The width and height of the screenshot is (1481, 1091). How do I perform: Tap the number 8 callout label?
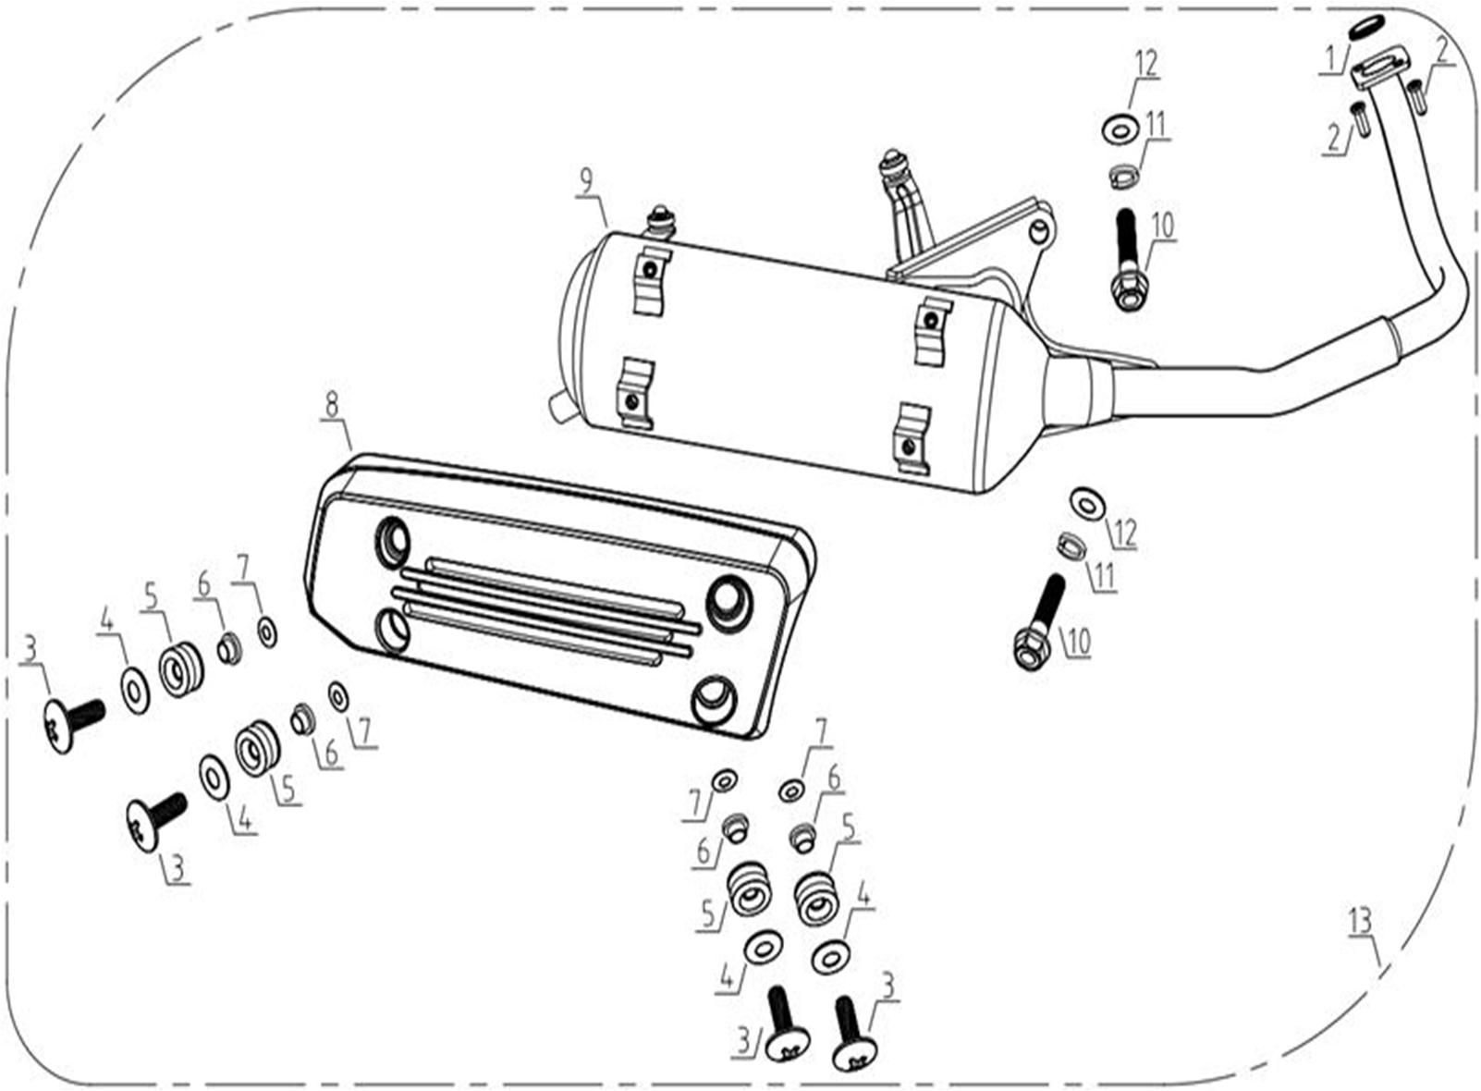(331, 404)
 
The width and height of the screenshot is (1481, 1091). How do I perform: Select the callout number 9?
(585, 181)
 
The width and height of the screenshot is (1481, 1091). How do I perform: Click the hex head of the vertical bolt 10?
(1130, 293)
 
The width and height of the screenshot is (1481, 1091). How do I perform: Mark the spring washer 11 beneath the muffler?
(1071, 545)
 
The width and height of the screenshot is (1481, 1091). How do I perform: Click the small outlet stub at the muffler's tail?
(559, 404)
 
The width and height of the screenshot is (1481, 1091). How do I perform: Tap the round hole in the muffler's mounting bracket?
(1040, 230)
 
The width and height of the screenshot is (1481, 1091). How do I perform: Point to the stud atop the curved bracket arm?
(892, 161)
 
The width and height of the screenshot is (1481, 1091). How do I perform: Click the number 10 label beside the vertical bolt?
(1162, 227)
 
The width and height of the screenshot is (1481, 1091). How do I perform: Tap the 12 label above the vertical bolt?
(1146, 64)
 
